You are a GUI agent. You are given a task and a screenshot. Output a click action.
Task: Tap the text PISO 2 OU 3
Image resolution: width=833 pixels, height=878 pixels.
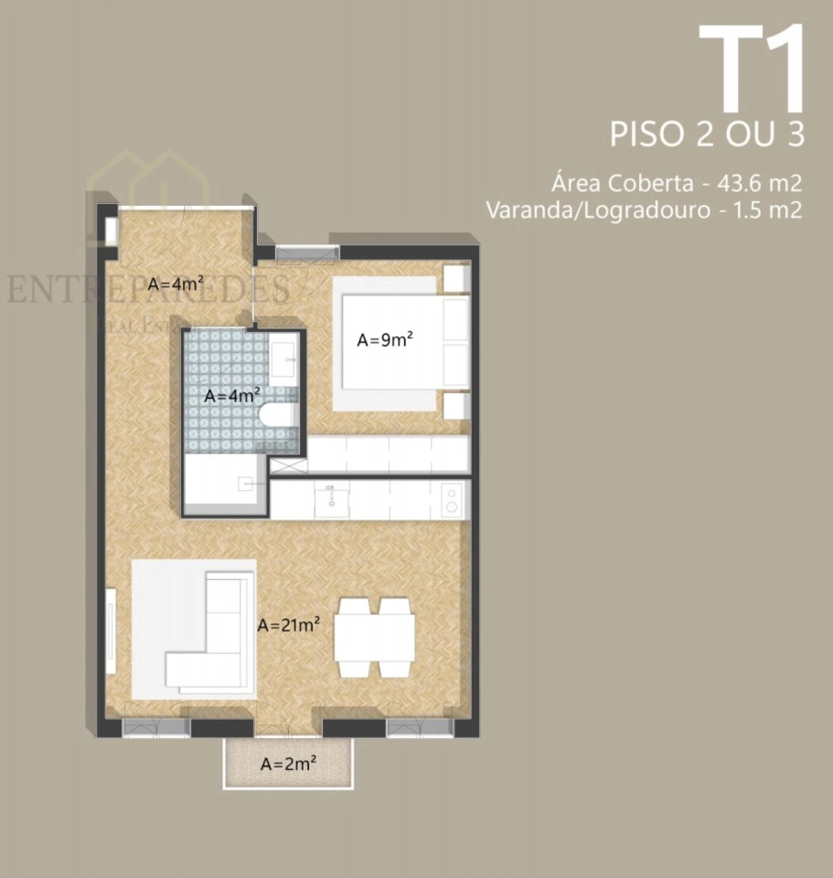(x=707, y=134)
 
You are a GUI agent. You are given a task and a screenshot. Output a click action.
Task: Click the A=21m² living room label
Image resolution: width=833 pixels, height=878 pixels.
(x=288, y=625)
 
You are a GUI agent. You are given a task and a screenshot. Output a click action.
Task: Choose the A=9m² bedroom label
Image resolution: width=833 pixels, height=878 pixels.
(x=385, y=340)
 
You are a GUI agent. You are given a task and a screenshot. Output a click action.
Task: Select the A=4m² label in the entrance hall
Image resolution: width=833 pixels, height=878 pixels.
(x=176, y=284)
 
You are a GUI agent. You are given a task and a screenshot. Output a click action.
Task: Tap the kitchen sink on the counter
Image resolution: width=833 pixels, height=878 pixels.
(x=331, y=499)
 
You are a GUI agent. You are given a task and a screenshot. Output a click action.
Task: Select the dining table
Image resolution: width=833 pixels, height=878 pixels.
(x=376, y=639)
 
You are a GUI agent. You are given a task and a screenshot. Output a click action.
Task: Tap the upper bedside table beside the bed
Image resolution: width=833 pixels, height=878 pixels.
(x=457, y=277)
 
